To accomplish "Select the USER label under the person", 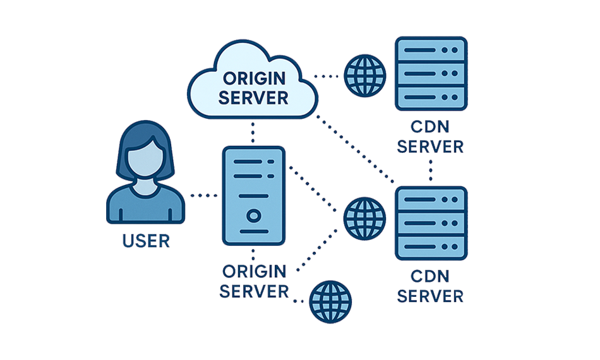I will click(147, 241).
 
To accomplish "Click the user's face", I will click(147, 154).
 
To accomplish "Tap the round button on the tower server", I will click(253, 215).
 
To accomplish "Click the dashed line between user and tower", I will click(203, 197).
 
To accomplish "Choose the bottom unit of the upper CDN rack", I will click(431, 98).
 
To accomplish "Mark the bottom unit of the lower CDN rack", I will click(431, 247).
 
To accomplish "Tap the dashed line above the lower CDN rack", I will click(431, 169).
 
